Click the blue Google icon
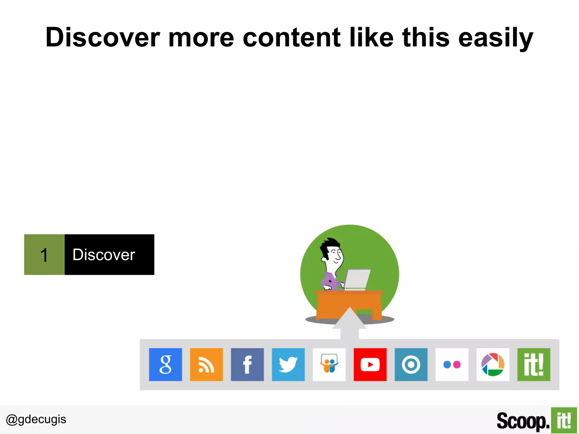click(x=165, y=364)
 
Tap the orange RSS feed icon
click(x=206, y=364)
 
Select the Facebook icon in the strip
click(x=247, y=364)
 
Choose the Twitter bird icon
click(x=288, y=364)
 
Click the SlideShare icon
click(x=329, y=364)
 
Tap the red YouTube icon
click(x=370, y=364)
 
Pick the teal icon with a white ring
click(x=411, y=364)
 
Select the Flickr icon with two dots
click(x=452, y=364)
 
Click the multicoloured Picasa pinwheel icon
click(x=493, y=364)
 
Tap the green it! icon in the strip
click(x=534, y=364)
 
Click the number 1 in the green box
click(x=44, y=255)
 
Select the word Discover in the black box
click(x=104, y=255)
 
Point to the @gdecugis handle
click(x=36, y=419)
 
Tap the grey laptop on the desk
click(x=357, y=279)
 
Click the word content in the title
click(x=291, y=38)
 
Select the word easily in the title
click(x=496, y=38)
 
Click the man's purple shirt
click(x=330, y=281)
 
